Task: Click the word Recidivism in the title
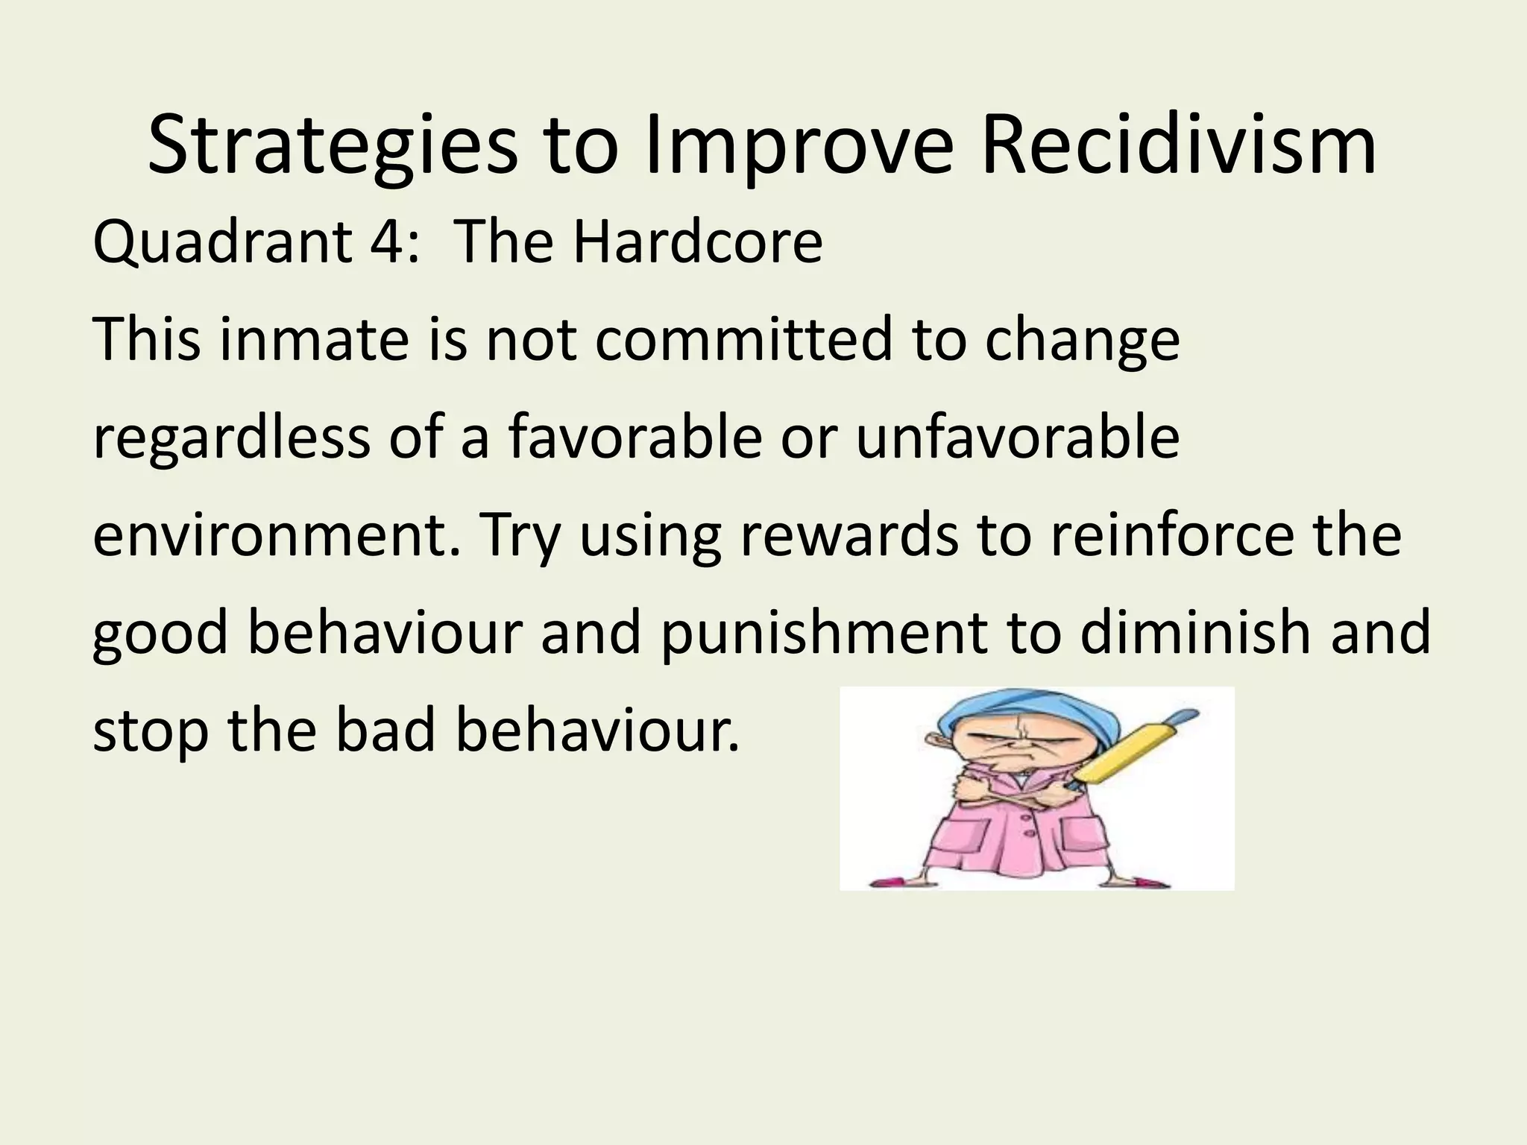[1178, 145]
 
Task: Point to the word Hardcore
[697, 242]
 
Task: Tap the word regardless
[231, 438]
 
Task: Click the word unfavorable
[1018, 438]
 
